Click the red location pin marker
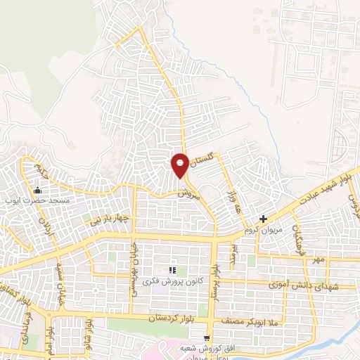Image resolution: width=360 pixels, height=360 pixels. point(180,165)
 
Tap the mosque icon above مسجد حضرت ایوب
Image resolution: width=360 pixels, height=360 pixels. point(37,189)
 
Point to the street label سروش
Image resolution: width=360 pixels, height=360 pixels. point(191,193)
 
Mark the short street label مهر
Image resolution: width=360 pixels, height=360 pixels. point(320,261)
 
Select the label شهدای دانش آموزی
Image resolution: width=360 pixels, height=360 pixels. point(304,285)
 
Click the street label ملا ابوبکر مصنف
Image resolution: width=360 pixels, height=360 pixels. point(262,320)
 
